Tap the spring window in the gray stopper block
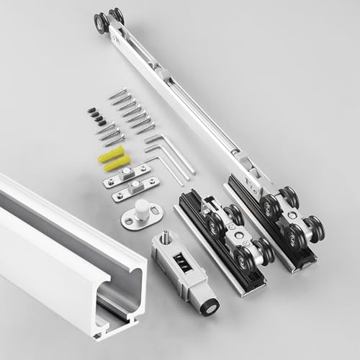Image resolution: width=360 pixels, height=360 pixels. tap(184, 264)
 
